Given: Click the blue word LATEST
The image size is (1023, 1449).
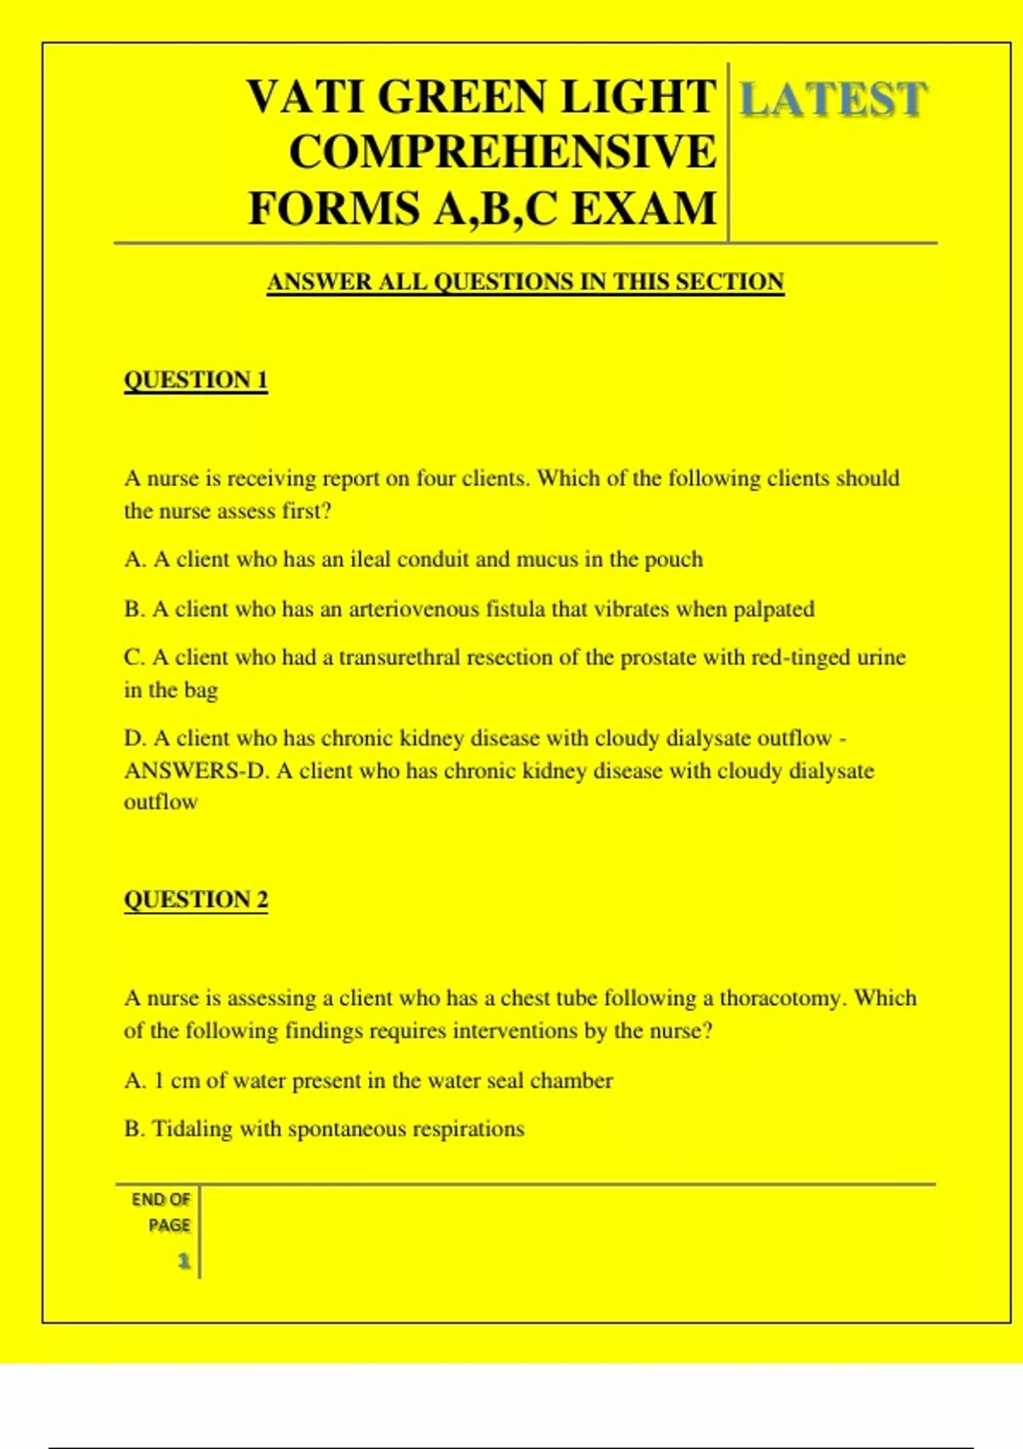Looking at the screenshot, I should click(x=832, y=99).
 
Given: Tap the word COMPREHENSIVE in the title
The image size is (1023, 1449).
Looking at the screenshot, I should click(x=503, y=153).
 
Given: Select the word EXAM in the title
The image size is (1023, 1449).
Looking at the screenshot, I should click(x=644, y=209).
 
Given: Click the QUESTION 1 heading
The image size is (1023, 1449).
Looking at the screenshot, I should click(x=195, y=380).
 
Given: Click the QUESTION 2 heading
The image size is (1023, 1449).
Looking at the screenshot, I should click(x=195, y=900).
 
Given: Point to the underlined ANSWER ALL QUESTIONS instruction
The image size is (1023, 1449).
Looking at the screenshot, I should click(x=525, y=282).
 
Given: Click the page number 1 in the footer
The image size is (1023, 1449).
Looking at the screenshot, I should click(x=183, y=1261).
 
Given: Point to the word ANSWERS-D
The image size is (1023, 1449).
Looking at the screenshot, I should click(x=196, y=771).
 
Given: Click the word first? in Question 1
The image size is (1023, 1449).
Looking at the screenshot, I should click(x=306, y=511).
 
